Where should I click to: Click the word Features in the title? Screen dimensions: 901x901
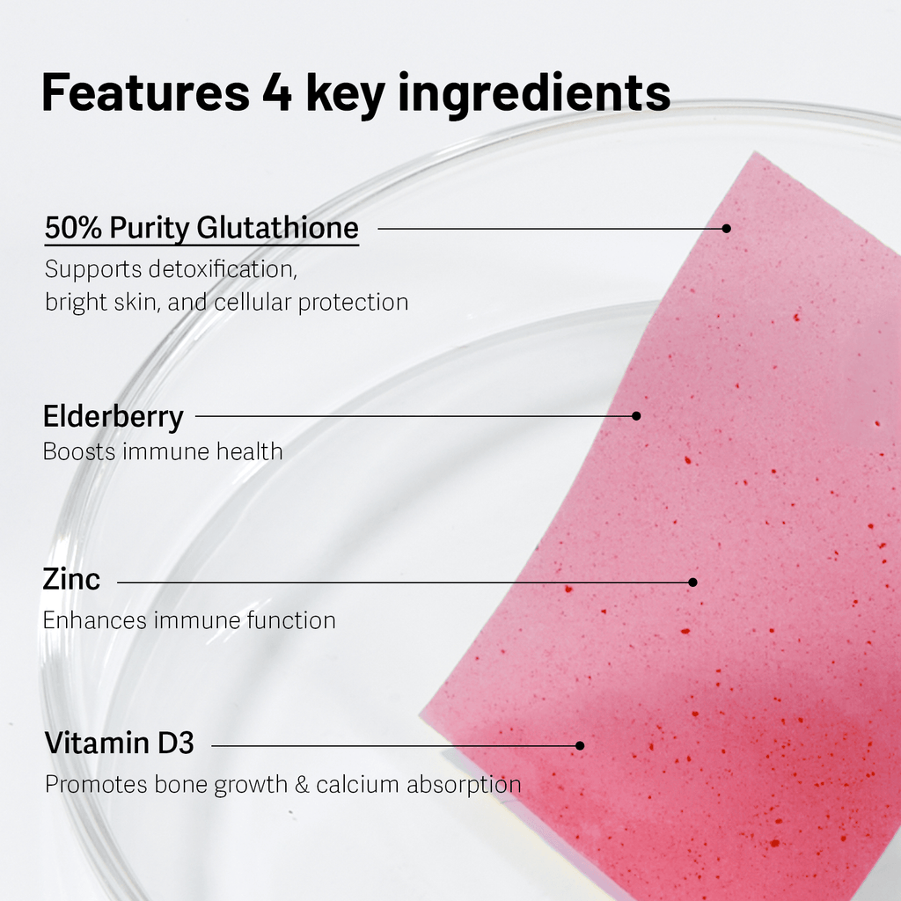tap(145, 93)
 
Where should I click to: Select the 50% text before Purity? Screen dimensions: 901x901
tap(73, 229)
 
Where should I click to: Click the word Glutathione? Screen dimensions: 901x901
tap(277, 229)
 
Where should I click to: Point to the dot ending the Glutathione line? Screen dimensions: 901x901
tap(726, 228)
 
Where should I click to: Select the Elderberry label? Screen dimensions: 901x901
tap(114, 416)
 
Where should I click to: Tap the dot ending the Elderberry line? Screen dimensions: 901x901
tap(636, 415)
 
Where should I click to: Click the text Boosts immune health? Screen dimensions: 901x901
tap(163, 451)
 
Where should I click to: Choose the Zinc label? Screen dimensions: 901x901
tap(71, 580)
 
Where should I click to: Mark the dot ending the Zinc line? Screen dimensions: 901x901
tap(692, 582)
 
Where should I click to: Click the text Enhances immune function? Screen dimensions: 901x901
tap(189, 620)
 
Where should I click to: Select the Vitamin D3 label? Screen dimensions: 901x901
tap(119, 744)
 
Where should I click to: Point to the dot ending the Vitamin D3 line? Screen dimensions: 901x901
tap(579, 745)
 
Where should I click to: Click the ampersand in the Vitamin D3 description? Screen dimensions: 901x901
tap(301, 784)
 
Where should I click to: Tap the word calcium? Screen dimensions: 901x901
tap(357, 784)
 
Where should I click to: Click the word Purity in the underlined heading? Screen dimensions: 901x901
tap(149, 229)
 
